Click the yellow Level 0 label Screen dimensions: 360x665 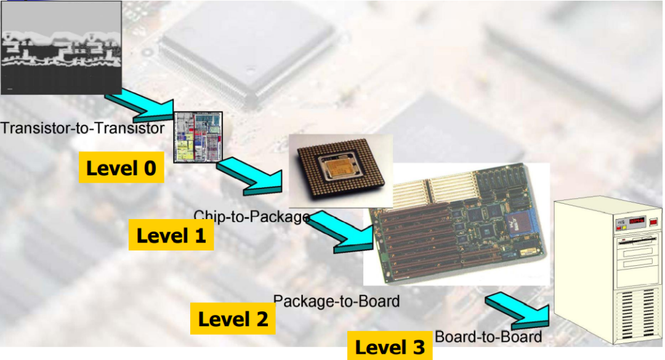click(121, 167)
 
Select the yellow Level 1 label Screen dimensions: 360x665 click(171, 235)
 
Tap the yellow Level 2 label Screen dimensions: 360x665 click(233, 319)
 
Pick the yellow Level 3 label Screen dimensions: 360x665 click(390, 347)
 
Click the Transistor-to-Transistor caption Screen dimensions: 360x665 click(83, 128)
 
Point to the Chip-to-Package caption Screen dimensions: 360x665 click(251, 216)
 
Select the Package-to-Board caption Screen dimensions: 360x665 click(336, 301)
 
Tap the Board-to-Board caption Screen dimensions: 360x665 click(488, 337)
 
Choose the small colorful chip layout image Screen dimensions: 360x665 click(198, 137)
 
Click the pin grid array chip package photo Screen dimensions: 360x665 click(340, 170)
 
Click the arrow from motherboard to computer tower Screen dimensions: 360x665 click(517, 310)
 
